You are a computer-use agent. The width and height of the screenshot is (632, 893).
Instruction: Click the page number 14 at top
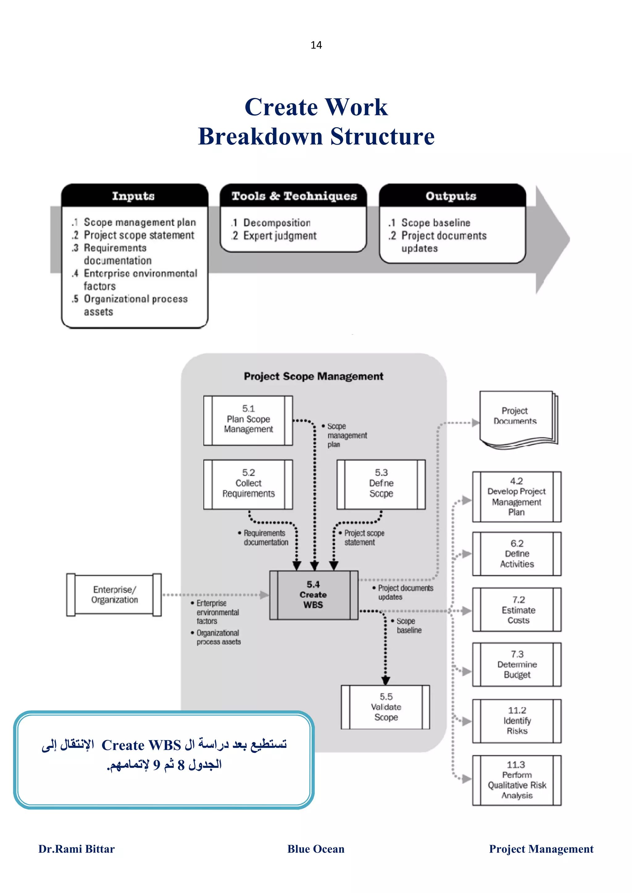(316, 45)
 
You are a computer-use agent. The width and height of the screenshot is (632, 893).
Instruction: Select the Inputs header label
(133, 196)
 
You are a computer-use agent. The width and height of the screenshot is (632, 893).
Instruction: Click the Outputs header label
(451, 196)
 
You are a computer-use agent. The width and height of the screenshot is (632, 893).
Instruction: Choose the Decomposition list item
(276, 222)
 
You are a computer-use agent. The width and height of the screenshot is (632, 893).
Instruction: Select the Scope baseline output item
(435, 222)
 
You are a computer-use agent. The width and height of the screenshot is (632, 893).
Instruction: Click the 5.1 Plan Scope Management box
(248, 420)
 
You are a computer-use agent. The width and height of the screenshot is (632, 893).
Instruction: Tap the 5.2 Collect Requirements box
(248, 484)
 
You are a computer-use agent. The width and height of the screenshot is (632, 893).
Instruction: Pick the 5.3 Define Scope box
(381, 484)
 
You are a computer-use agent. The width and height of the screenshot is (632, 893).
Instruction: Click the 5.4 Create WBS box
(313, 595)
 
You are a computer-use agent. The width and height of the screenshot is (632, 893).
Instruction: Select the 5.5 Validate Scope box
(385, 707)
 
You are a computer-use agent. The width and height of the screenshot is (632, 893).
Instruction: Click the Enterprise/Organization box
(114, 595)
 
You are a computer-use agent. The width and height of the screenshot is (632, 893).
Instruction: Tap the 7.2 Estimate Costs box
(517, 610)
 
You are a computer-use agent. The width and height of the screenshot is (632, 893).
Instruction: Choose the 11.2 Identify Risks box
(517, 721)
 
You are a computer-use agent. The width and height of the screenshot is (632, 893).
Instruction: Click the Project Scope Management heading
(314, 376)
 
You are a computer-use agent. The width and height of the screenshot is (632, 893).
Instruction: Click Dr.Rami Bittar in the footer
(76, 849)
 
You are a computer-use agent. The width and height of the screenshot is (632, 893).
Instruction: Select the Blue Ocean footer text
(316, 849)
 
